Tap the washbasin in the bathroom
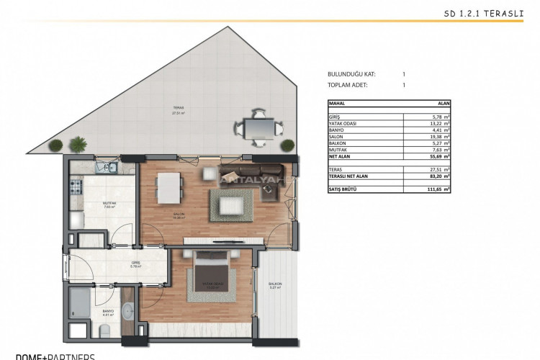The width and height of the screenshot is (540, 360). click(x=127, y=312)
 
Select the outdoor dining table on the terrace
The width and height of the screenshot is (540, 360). click(x=257, y=129)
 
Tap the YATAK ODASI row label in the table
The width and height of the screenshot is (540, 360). click(x=343, y=123)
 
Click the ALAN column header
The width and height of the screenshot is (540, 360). click(x=444, y=104)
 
